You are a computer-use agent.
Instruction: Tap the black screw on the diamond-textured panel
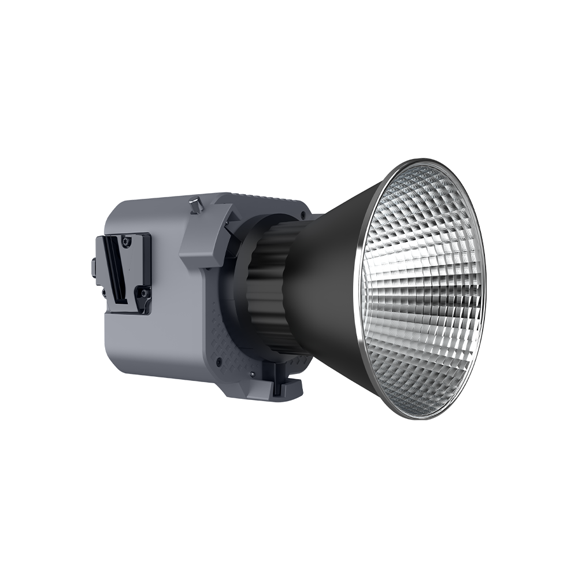click(x=220, y=362)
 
